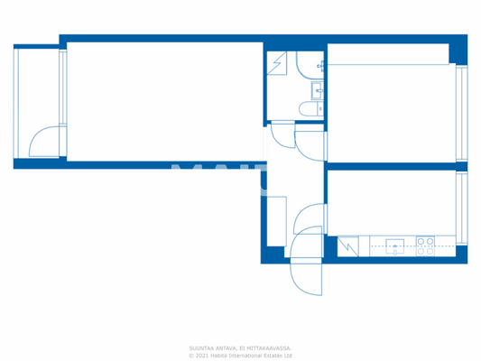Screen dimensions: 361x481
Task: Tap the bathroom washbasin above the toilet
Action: click(317, 88)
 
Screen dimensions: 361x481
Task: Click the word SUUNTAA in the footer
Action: click(201, 347)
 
